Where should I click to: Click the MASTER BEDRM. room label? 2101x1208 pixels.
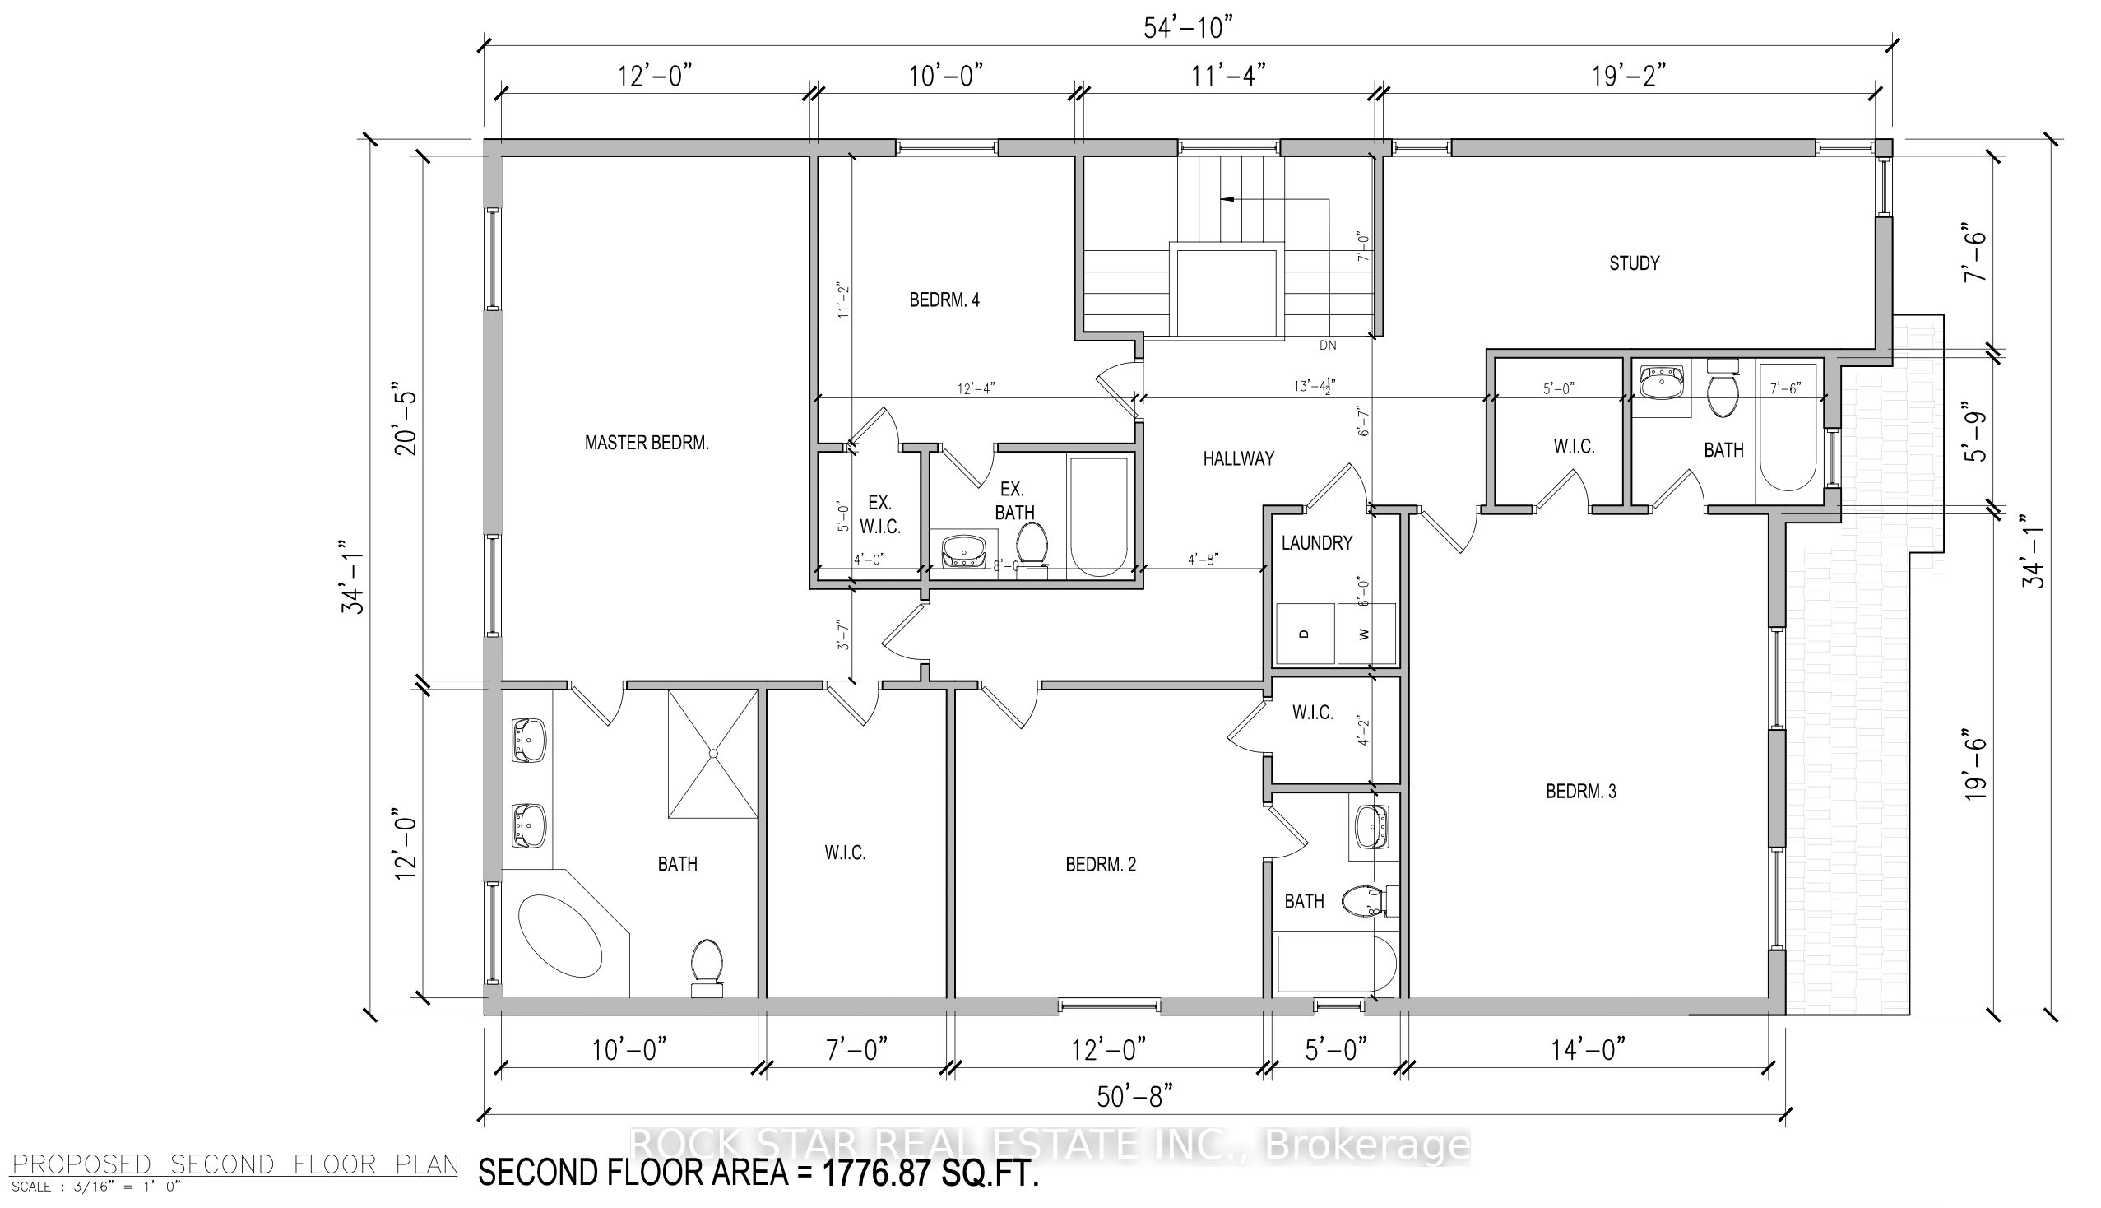point(646,443)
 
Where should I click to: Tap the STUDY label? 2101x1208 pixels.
point(1634,263)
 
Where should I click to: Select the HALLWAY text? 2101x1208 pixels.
point(1238,458)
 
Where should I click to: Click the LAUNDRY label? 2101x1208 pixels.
point(1316,542)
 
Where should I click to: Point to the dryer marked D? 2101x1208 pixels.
point(1305,634)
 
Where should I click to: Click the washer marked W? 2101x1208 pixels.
point(1366,634)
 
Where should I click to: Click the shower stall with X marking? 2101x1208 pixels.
point(712,753)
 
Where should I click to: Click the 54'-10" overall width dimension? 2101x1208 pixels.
point(1188,27)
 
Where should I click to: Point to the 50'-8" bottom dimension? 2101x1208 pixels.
point(1134,1098)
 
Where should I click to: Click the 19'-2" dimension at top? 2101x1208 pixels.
point(1628,77)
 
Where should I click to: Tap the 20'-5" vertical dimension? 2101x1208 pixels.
point(407,419)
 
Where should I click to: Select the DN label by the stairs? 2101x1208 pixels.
point(1327,345)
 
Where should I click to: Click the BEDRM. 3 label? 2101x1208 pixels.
point(1581,792)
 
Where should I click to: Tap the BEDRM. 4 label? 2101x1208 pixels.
point(944,300)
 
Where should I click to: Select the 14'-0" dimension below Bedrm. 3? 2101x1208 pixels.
point(1588,1051)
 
